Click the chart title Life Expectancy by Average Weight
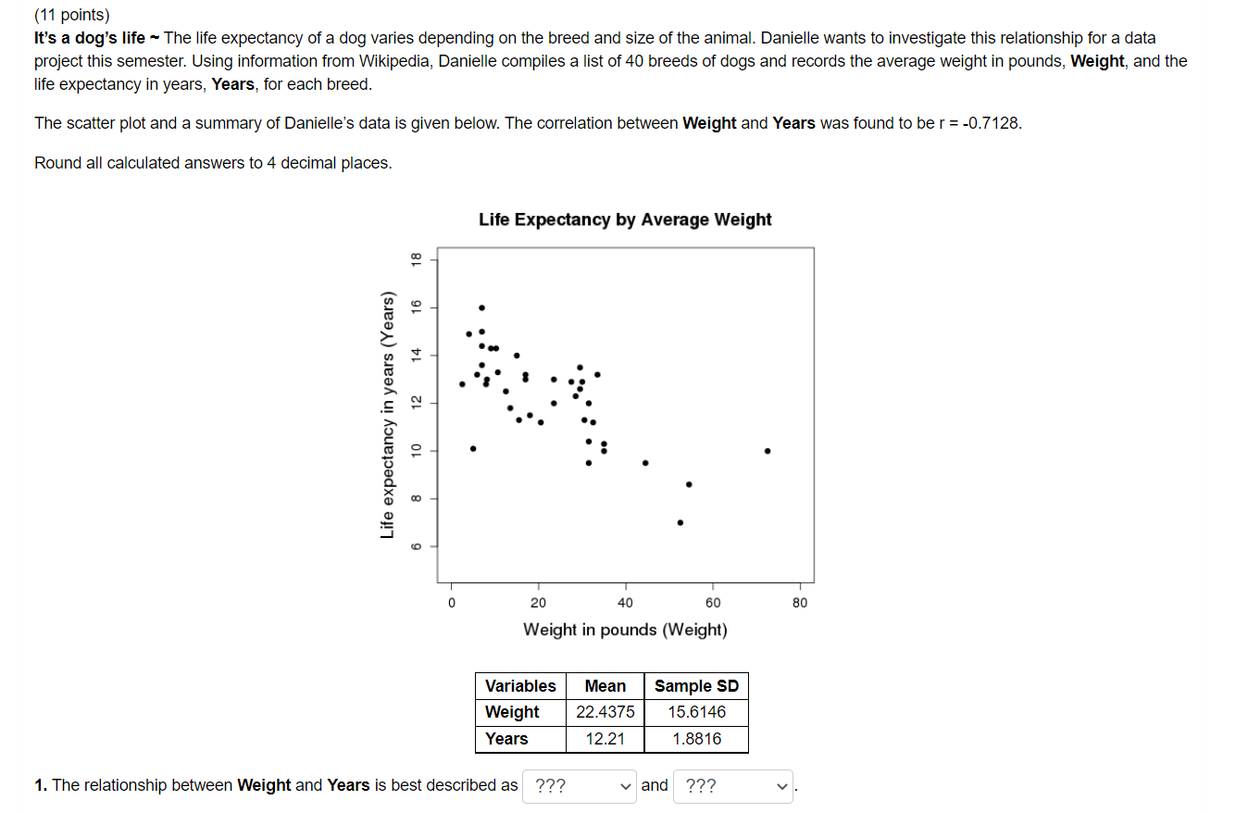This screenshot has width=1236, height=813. point(625,219)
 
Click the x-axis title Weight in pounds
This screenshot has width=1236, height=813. point(625,630)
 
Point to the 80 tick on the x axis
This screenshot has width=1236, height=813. point(800,603)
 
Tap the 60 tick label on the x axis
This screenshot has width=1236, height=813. point(712,603)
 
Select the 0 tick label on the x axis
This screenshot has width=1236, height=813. point(452,603)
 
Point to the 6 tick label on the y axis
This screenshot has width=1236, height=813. point(417,546)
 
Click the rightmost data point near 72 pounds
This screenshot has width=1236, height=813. point(768,451)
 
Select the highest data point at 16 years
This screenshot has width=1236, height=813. point(481,307)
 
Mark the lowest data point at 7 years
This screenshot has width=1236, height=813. point(680,522)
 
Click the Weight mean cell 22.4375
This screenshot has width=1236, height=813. point(605,712)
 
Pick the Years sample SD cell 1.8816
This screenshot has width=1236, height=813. point(696,739)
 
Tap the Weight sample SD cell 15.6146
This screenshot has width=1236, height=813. point(696,712)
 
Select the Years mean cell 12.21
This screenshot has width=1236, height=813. point(605,739)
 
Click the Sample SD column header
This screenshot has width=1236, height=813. point(696,686)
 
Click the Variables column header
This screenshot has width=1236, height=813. point(520,686)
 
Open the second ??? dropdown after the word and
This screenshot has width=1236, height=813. point(733,786)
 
